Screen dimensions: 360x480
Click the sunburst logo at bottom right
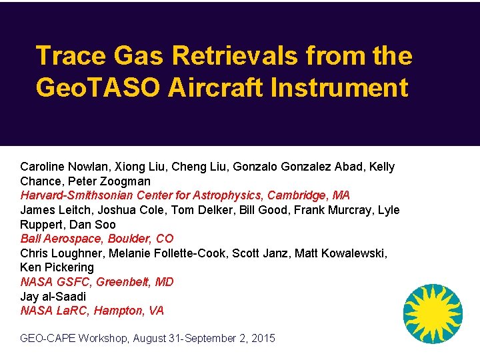(x=433, y=313)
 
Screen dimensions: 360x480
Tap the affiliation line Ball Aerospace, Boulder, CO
(x=97, y=239)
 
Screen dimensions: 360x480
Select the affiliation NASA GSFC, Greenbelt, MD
(x=97, y=282)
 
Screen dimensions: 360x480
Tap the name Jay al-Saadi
(x=53, y=297)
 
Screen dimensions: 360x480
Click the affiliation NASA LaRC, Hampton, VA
(x=92, y=311)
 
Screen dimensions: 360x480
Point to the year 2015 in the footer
(x=262, y=339)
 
